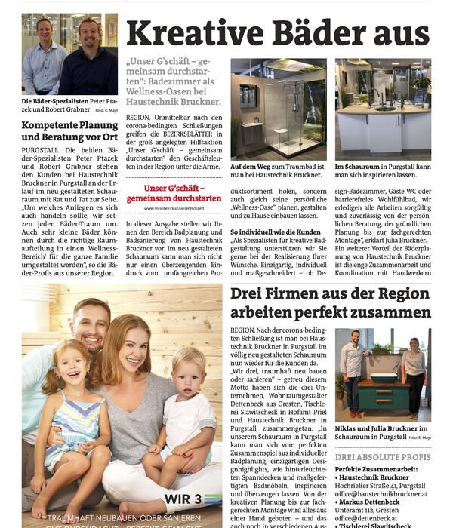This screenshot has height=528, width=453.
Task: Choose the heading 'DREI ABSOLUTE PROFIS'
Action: tap(383, 457)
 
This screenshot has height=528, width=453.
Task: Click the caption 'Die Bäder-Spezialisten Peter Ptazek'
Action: tap(69, 102)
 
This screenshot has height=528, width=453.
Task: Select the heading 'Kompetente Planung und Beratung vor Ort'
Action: tap(69, 131)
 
